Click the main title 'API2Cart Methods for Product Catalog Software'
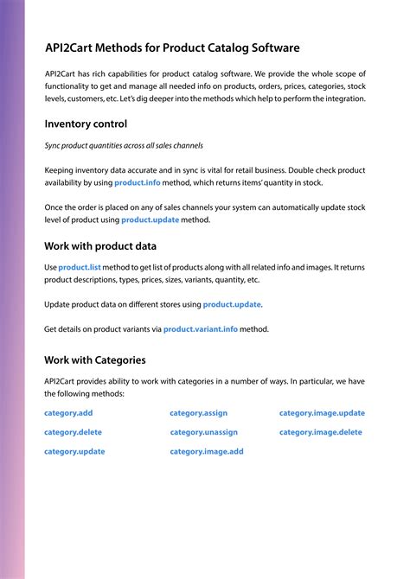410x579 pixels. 172,48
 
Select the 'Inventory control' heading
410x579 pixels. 86,124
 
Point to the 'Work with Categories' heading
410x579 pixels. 94,359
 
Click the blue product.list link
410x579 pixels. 80,269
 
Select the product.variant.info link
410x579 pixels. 200,329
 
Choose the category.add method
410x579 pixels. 68,413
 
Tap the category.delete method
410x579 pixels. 73,432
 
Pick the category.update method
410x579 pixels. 74,451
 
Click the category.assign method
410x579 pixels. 198,413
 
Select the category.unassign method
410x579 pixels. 203,432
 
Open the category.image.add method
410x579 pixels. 207,451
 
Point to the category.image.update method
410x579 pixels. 322,413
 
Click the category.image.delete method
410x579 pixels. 320,432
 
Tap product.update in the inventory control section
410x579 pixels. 150,220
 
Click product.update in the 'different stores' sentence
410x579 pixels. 231,305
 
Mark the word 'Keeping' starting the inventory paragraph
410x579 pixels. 59,170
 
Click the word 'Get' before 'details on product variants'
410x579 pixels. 51,329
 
